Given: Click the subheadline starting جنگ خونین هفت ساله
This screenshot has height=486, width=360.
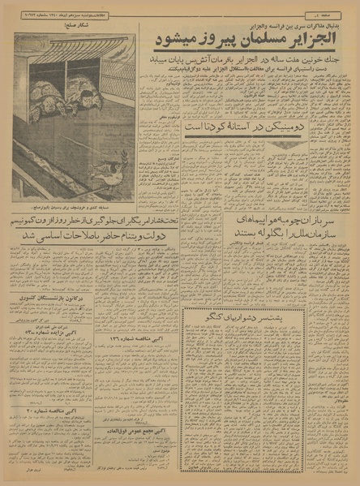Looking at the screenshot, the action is tap(250, 60).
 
